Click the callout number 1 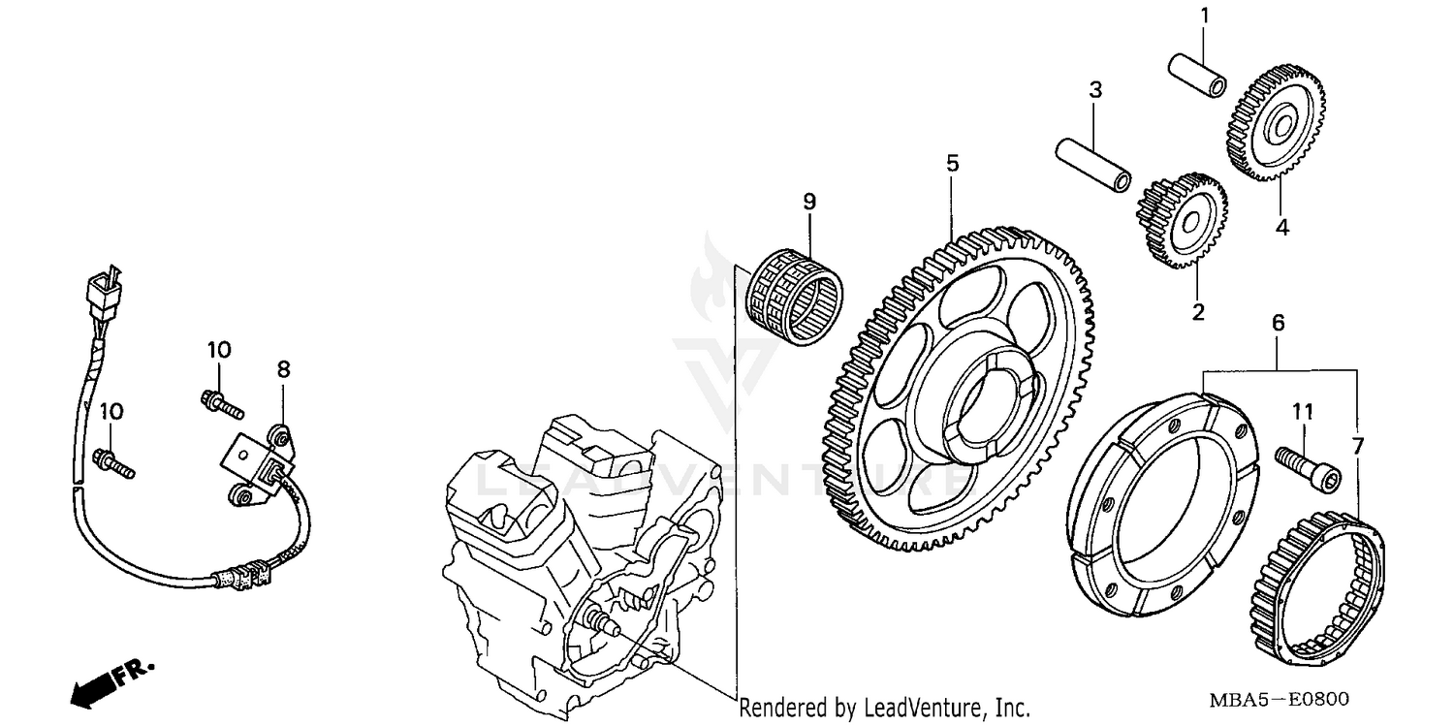[1204, 16]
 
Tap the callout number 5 [952, 164]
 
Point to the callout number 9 [809, 202]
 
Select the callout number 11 [1302, 413]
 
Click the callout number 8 [283, 369]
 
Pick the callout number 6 [1279, 323]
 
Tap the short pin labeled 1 [1196, 74]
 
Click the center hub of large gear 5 [981, 406]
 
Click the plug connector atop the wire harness [100, 287]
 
